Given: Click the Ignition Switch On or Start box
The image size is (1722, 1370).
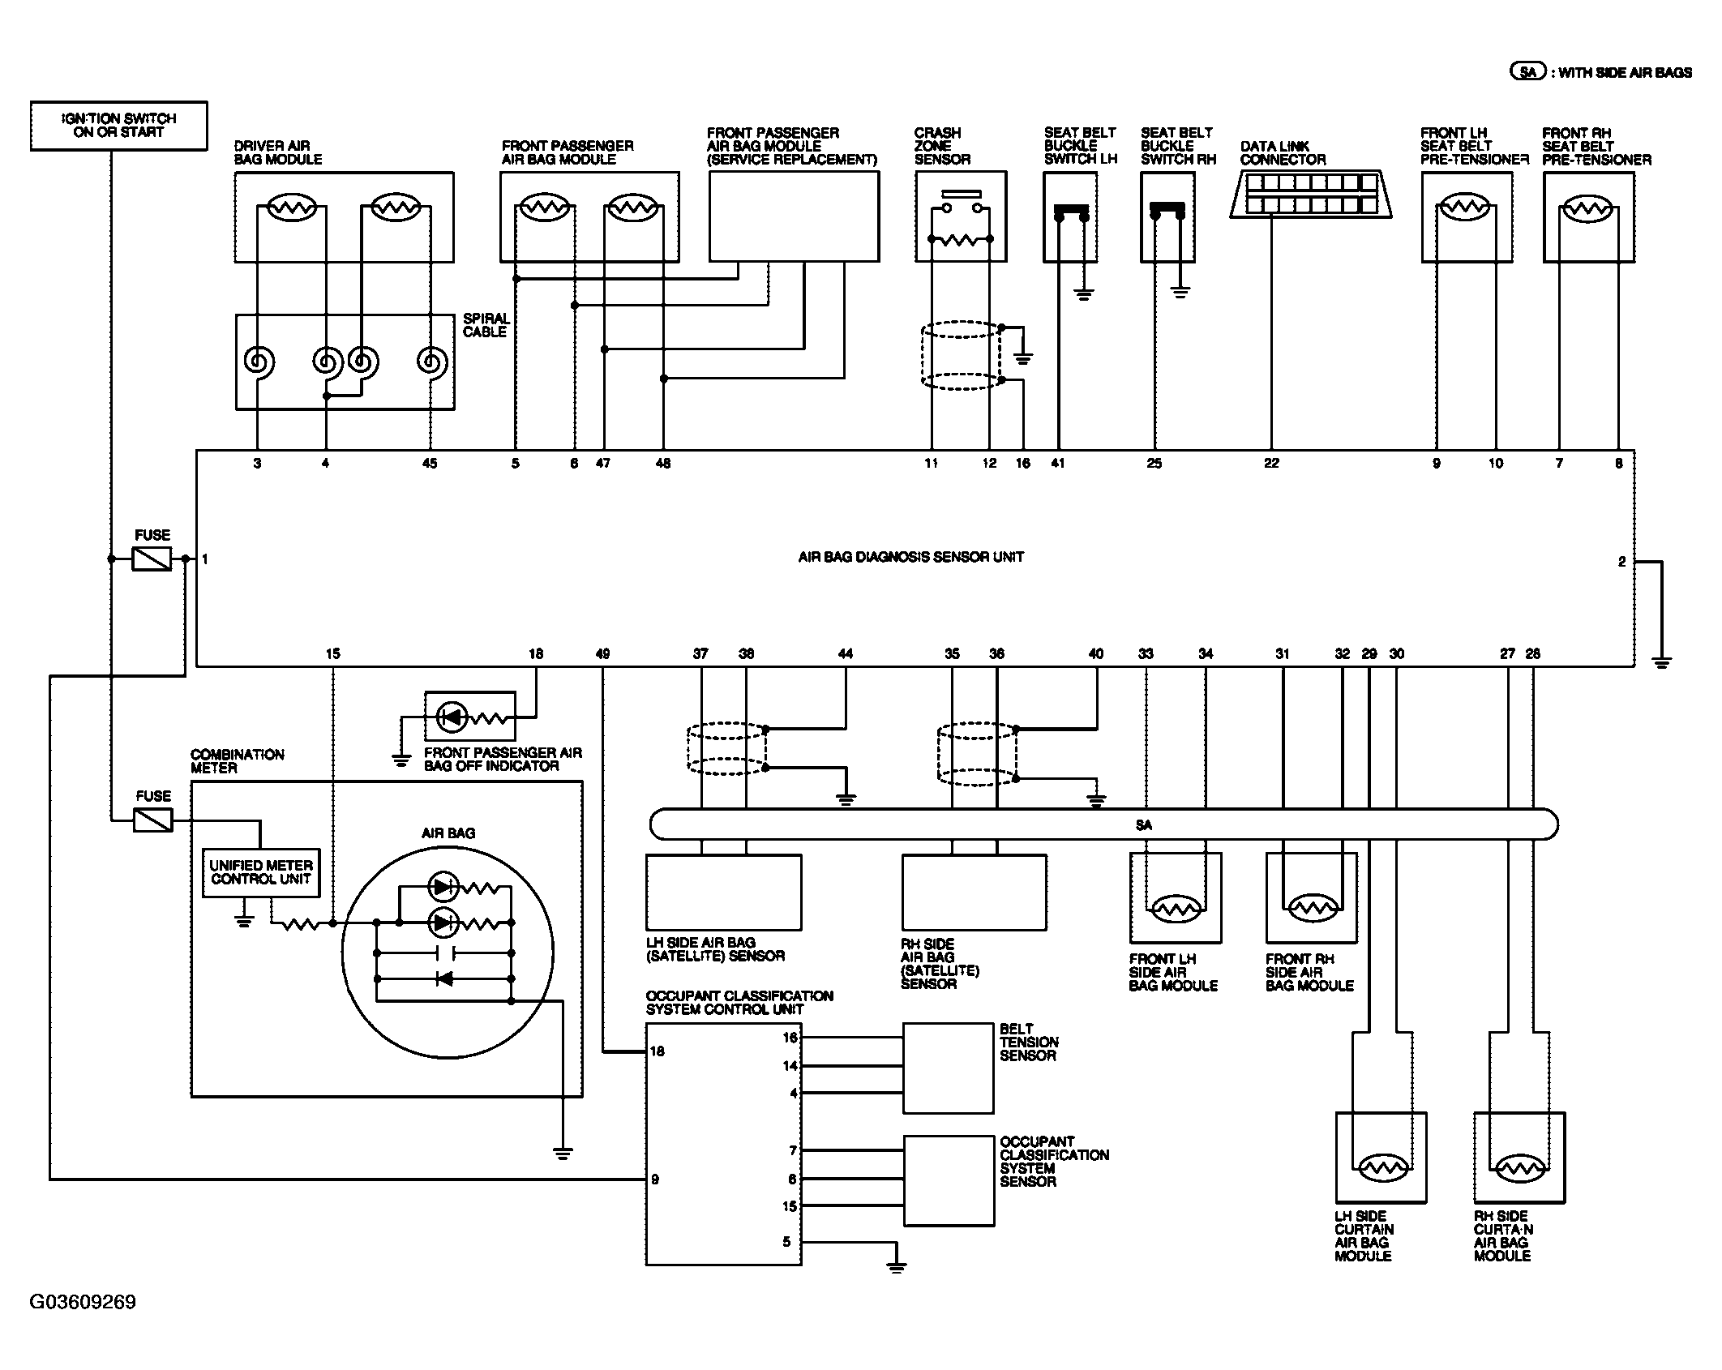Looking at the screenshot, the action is coord(118,126).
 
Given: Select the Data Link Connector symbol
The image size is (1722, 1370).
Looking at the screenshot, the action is coord(1311,195).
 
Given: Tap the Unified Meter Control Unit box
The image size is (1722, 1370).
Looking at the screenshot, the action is coord(261,872).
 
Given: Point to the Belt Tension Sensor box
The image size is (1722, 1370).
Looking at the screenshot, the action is coord(949,1068).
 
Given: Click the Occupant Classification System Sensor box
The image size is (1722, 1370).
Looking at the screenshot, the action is coord(949,1180).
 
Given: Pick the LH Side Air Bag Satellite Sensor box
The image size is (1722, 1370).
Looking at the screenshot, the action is coord(723,892).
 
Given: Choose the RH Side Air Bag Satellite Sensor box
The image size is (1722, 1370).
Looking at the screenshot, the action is coord(974,892).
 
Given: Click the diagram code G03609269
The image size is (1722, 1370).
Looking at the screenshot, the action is coord(83,1302).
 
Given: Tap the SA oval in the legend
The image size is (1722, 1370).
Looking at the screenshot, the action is coord(1527,72).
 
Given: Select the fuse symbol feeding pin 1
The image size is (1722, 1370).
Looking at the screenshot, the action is coord(152,559).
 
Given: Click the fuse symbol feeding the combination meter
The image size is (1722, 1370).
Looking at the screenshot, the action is coord(152,820).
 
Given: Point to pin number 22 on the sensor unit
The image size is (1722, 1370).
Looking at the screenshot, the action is coord(1271,463).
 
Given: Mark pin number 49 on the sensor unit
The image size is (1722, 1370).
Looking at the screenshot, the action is coord(602,653).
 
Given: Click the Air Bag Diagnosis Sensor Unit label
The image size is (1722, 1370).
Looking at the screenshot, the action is coord(910,557).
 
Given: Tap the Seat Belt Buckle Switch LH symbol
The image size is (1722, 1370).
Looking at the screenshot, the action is coord(1071,216).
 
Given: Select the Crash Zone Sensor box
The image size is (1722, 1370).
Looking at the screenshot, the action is coord(961,216).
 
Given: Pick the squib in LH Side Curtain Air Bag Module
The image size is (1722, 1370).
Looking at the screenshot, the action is coord(1379,1167).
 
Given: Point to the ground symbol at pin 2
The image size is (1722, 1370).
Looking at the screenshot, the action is coord(1661,662).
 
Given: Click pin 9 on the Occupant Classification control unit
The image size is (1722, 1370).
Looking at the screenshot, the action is coord(655,1179).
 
